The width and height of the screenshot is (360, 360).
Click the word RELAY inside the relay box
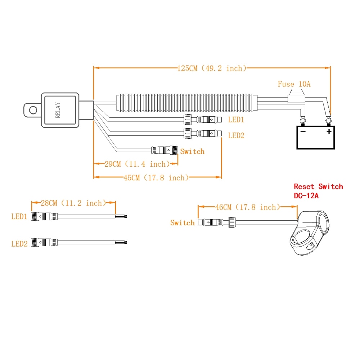pyautogui.click(x=58, y=110)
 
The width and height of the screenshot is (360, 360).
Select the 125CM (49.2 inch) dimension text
pyautogui.click(x=212, y=68)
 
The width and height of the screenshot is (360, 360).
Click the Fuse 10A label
pyautogui.click(x=294, y=84)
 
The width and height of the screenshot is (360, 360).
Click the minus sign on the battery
pyautogui.click(x=303, y=131)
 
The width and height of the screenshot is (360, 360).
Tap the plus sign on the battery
pyautogui.click(x=328, y=131)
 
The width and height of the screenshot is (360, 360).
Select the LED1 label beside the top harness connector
pyautogui.click(x=236, y=119)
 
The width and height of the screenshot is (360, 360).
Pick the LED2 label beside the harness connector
pyautogui.click(x=236, y=135)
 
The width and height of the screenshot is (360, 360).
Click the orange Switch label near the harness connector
pyautogui.click(x=192, y=152)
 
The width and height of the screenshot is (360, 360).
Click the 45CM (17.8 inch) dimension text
pyautogui.click(x=156, y=177)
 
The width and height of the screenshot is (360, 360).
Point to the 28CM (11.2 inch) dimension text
pyautogui.click(x=73, y=203)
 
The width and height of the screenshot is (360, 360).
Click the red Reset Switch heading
pyautogui.click(x=318, y=186)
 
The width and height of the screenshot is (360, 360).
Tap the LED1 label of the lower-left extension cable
pyautogui.click(x=19, y=217)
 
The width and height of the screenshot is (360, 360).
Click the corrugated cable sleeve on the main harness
pyautogui.click(x=185, y=103)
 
